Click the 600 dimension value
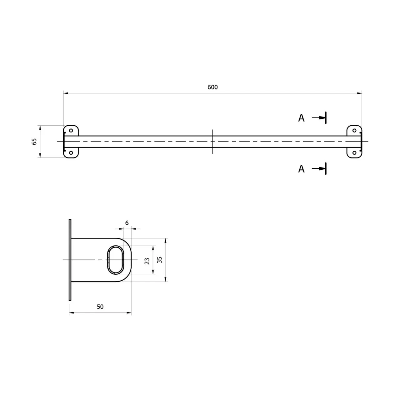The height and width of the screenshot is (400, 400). [212, 87]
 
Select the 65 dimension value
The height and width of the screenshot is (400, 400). [34, 141]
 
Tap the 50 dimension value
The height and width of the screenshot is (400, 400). [100, 307]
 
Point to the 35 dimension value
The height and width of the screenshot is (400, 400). [159, 260]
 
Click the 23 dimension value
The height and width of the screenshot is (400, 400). [147, 261]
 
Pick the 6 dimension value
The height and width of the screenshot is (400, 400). [127, 223]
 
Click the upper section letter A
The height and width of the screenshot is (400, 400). [301, 118]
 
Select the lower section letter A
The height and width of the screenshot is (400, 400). [301, 169]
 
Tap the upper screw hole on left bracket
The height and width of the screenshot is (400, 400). [71, 131]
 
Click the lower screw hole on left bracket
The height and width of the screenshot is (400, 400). [71, 153]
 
